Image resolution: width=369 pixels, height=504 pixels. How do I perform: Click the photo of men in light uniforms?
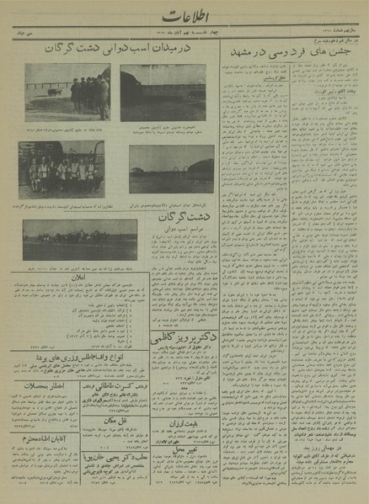61,168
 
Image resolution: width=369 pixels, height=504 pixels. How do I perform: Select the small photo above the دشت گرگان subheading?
160,168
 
